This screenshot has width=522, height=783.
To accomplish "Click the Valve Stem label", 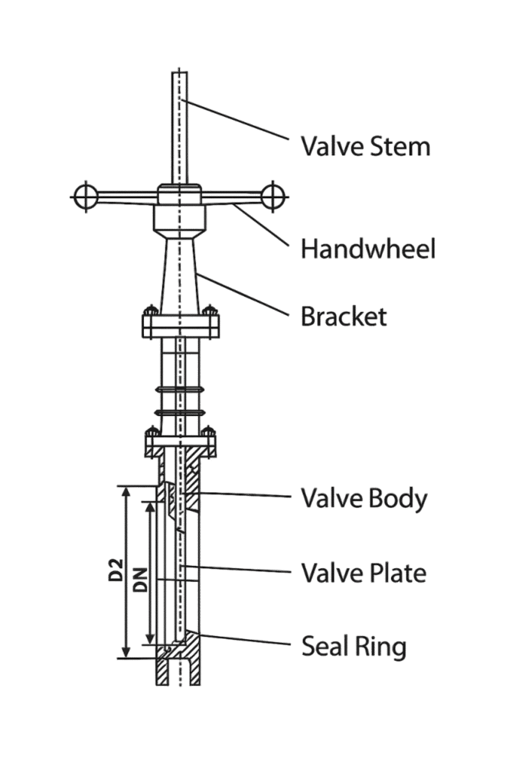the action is click(x=366, y=146).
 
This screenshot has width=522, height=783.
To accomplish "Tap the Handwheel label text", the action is click(x=368, y=249).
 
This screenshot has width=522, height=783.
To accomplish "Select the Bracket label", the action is click(x=344, y=317).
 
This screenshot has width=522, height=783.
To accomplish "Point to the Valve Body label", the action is click(x=364, y=499).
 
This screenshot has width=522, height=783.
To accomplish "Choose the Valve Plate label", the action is click(x=364, y=573).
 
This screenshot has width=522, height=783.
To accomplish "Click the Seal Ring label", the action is click(x=354, y=646).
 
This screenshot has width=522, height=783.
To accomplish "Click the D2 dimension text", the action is click(x=116, y=570).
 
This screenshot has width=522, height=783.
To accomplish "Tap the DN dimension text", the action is click(x=142, y=580).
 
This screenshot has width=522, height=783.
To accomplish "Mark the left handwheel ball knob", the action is click(x=86, y=197).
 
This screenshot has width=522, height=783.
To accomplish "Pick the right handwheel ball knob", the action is click(x=272, y=197).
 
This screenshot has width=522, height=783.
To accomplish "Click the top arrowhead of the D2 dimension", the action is click(x=126, y=492).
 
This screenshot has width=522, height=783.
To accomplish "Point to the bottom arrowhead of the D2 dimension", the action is click(x=126, y=651).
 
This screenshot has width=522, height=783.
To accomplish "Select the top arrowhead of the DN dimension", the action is click(x=149, y=508).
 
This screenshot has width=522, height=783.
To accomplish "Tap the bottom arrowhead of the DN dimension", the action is click(x=149, y=638).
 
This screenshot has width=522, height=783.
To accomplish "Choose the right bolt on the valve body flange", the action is click(x=208, y=432).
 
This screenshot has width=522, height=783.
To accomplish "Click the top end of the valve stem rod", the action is click(x=180, y=73).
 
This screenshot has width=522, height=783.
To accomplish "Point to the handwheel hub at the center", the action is click(x=180, y=195).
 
